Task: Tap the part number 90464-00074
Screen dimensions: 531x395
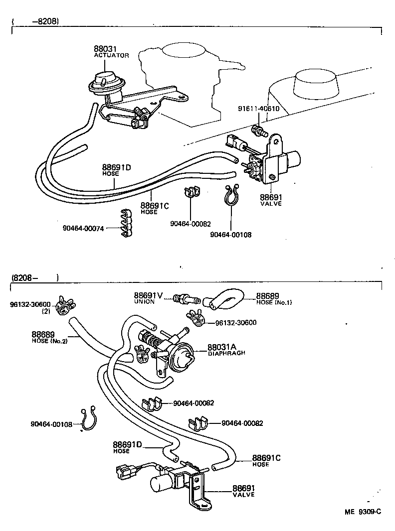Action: click(x=83, y=228)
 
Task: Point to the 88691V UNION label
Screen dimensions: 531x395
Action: click(x=148, y=297)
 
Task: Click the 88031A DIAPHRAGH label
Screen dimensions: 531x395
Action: click(x=224, y=349)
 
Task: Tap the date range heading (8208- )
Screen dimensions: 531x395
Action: click(x=35, y=277)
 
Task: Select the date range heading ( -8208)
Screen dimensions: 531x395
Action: click(x=35, y=21)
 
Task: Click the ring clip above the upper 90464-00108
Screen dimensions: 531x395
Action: click(x=231, y=196)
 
